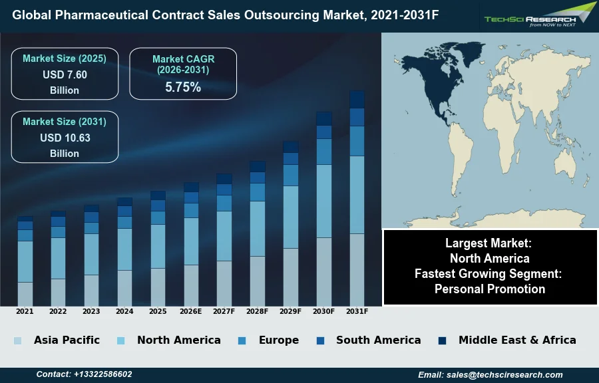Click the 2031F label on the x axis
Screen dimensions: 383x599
pos(357,311)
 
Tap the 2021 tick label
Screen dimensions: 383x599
pos(25,311)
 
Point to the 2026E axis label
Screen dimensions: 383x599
pos(191,311)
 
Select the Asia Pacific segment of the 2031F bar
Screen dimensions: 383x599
pos(357,269)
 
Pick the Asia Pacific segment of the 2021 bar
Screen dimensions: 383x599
pos(25,294)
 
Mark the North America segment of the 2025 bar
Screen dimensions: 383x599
pos(158,246)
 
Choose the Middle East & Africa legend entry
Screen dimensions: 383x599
pos(517,340)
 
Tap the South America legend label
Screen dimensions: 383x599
pos(378,340)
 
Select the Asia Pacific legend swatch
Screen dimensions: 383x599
pos(17,340)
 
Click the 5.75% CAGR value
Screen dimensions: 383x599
pos(183,87)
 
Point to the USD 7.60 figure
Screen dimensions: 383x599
pos(65,75)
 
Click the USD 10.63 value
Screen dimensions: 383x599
pos(65,138)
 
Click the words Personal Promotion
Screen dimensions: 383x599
pos(490,289)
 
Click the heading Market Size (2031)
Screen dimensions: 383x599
pos(65,122)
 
